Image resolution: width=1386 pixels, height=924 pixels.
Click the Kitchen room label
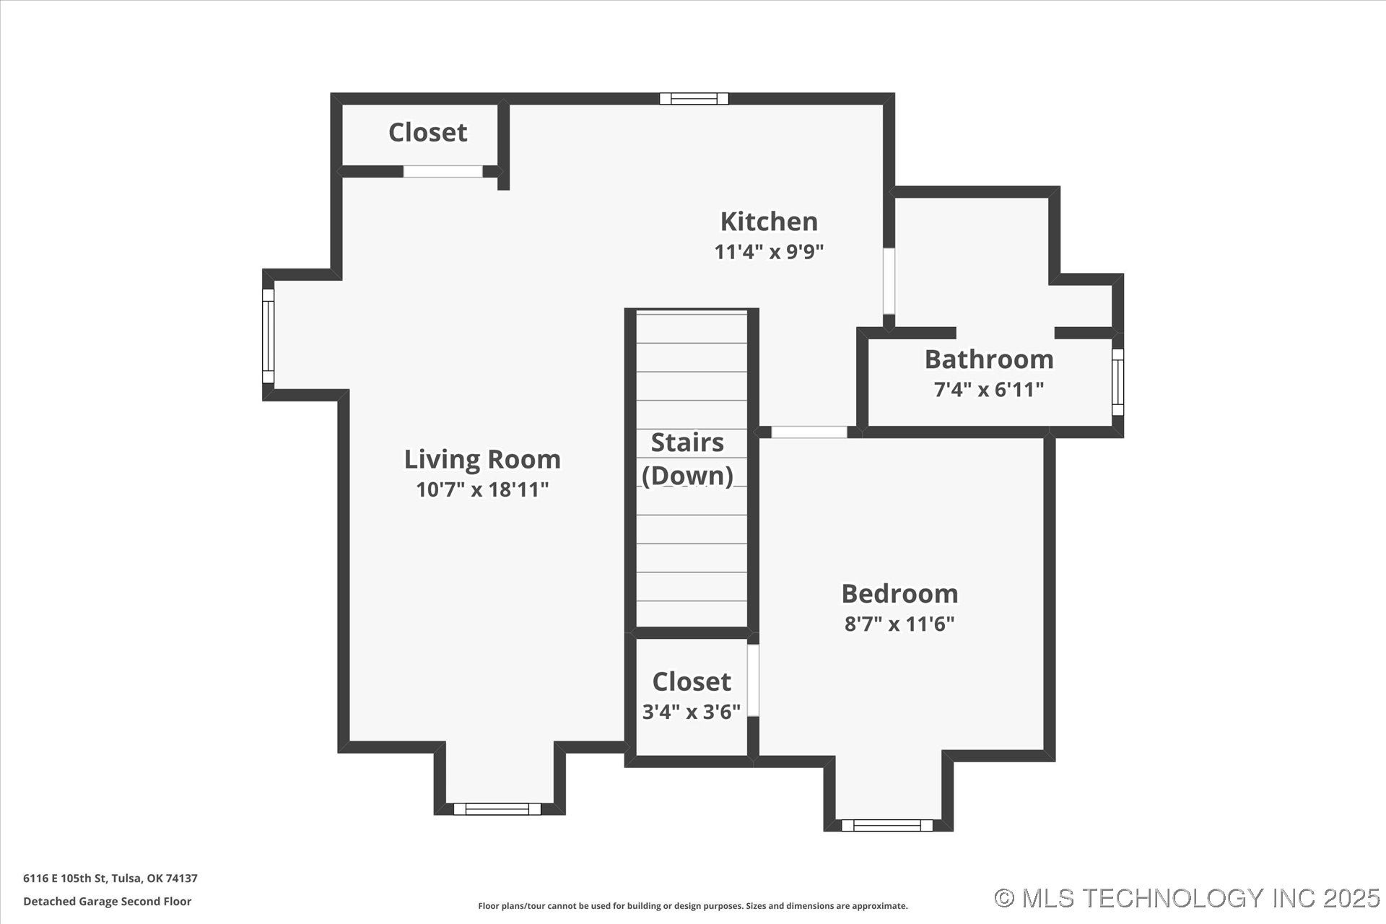pos(769,221)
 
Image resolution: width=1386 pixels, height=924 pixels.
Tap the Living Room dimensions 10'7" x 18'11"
pos(482,489)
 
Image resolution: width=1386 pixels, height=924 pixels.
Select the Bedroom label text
pos(899,593)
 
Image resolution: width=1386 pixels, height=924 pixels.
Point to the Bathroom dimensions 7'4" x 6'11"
pos(988,390)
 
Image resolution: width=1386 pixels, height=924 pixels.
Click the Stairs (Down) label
pos(687,459)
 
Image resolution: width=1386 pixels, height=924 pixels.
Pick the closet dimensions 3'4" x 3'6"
pos(692,712)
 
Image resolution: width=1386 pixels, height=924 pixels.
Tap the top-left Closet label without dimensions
pos(427,132)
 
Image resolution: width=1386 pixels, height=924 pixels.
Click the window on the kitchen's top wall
pos(694,99)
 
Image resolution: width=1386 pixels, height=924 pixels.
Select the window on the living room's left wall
pos(268,336)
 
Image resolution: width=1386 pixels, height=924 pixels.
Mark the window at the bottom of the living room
pos(497,809)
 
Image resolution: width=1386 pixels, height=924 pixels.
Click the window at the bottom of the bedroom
pos(886,825)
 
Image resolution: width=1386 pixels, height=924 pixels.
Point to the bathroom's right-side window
pos(1117,382)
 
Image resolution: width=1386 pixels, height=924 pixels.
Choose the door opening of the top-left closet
pos(443,172)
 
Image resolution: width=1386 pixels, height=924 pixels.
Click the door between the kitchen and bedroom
pos(809,432)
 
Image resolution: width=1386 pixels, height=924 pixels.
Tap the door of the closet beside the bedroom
pos(753,680)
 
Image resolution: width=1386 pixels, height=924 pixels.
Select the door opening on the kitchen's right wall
pos(889,281)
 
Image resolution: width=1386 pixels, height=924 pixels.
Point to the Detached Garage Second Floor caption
pos(108,902)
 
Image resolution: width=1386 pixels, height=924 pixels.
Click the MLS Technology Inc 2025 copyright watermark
pos(1187,898)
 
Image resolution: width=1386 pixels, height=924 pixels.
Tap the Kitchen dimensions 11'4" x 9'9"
pos(769,252)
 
